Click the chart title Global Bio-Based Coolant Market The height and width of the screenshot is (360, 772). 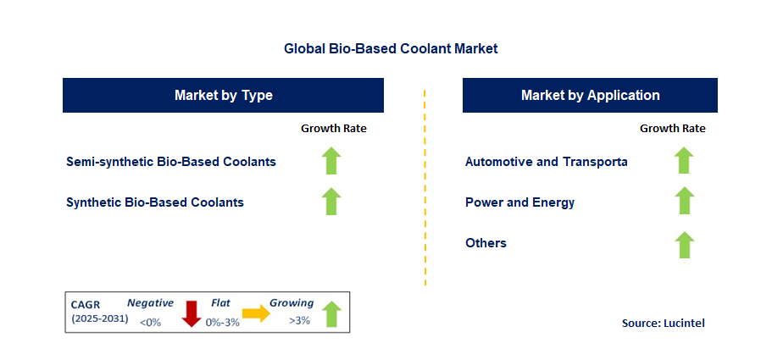click(391, 48)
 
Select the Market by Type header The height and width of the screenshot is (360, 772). click(223, 95)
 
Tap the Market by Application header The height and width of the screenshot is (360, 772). click(590, 95)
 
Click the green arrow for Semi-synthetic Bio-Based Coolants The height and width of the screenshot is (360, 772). click(331, 160)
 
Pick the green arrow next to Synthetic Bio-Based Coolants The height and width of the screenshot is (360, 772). click(331, 201)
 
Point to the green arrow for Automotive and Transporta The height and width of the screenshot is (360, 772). click(684, 160)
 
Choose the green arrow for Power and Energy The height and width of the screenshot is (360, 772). click(684, 201)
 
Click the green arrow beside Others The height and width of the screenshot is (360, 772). click(684, 245)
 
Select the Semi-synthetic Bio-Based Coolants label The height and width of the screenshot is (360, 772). click(171, 161)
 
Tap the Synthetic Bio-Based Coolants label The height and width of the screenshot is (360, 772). click(155, 202)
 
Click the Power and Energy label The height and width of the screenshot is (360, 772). click(520, 202)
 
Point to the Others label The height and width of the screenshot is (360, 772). click(486, 243)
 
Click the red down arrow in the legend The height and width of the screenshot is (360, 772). click(191, 313)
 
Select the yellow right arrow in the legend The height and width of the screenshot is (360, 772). click(256, 313)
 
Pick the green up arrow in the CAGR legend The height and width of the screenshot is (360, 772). click(332, 314)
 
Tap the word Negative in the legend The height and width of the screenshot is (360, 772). click(150, 303)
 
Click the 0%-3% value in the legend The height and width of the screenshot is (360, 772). click(223, 322)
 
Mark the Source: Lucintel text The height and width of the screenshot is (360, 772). click(664, 323)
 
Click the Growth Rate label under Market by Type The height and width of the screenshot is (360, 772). click(334, 129)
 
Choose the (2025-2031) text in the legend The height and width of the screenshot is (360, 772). click(100, 318)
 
